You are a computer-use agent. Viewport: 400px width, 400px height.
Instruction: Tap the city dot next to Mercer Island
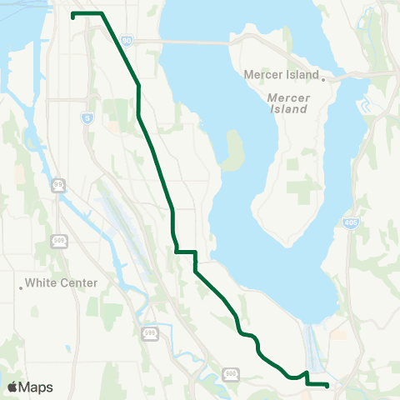tap(323, 80)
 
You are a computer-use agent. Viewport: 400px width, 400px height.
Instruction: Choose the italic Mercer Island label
tap(287, 102)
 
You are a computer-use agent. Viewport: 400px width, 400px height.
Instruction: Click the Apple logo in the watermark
tap(12, 387)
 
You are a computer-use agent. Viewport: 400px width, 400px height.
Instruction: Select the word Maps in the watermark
tap(36, 387)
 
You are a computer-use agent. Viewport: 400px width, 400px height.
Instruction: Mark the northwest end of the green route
tap(73, 15)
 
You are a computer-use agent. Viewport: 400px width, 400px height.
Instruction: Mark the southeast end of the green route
tap(327, 384)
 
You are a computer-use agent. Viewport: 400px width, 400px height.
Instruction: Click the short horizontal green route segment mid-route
tap(184, 251)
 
